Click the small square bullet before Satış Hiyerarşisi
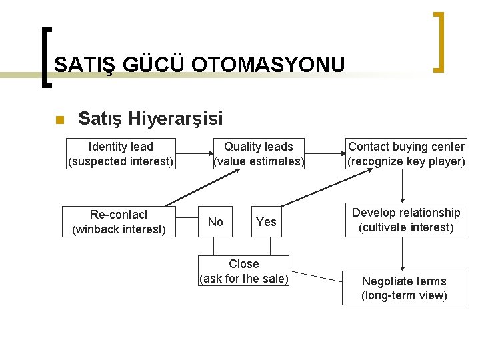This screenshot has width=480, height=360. [x=59, y=120]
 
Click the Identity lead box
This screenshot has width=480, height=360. [x=121, y=154]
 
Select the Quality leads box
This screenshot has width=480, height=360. [x=259, y=154]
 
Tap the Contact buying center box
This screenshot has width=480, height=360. [x=406, y=154]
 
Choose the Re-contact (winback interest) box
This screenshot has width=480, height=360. [x=119, y=222]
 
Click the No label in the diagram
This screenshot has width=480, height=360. [x=215, y=222]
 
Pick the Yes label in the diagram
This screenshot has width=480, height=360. [x=266, y=222]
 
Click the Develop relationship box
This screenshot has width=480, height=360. [x=406, y=220]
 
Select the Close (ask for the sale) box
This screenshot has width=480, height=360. [x=244, y=271]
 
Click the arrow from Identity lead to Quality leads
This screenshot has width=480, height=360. [x=193, y=154]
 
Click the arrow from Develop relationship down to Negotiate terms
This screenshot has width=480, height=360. [x=403, y=253]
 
